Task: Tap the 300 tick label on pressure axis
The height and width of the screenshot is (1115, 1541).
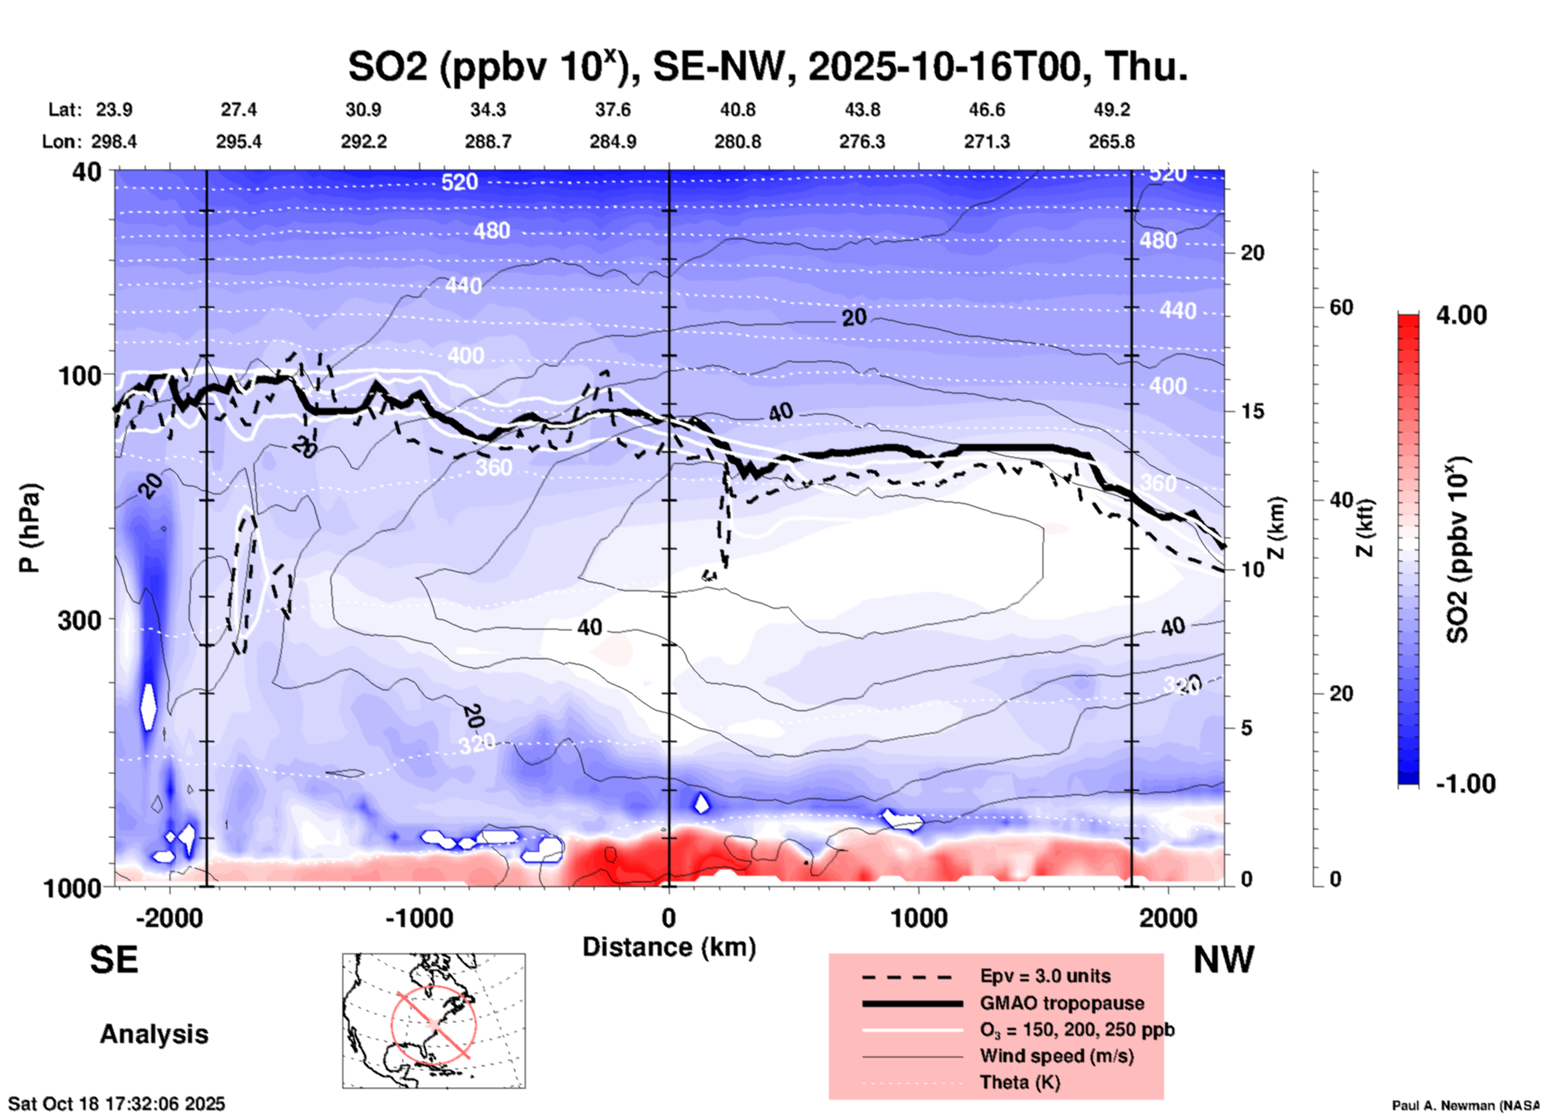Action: point(79,620)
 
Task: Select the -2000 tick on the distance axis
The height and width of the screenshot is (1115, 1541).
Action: point(169,918)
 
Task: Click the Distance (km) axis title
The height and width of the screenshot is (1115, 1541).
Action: point(669,947)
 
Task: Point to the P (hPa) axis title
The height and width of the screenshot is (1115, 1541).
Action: point(30,528)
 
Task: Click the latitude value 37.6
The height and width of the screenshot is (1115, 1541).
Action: point(613,110)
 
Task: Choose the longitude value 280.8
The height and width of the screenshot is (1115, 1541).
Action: point(737,142)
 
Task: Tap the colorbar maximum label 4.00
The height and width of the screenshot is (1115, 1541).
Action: point(1461,315)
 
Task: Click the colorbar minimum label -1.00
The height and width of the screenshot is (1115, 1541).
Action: point(1465,784)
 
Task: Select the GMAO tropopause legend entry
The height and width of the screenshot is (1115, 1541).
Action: point(1062,1003)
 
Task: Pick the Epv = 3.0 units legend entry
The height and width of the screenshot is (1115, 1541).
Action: point(1045,976)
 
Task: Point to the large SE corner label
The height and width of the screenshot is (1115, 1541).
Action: point(114,960)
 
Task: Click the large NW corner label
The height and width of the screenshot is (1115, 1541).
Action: point(1223,960)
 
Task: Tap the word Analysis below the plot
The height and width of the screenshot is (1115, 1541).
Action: point(154,1034)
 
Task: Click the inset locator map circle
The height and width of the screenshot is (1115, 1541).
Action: point(434,1024)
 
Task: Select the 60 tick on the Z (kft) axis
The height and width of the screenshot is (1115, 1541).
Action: point(1341,307)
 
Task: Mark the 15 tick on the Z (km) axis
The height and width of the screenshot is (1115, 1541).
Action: point(1253,411)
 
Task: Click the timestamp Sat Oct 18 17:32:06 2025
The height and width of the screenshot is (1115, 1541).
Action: point(117,1104)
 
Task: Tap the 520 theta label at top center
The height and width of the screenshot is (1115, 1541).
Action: point(459,182)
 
